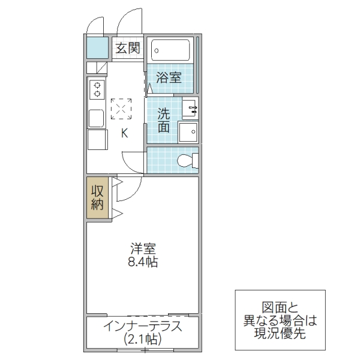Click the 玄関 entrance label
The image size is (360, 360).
127,49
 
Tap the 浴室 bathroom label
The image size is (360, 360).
169,77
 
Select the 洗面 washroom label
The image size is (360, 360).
164,120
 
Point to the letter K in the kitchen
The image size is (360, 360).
125,133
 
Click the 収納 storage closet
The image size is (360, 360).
98,197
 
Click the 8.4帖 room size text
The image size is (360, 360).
142,263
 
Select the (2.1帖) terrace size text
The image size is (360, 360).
142,339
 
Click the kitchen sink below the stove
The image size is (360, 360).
96,117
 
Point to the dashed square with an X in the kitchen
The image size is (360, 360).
121,109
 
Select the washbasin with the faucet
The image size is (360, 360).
191,109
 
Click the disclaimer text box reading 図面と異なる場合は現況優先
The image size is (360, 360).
280,320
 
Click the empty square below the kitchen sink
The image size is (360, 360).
96,139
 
